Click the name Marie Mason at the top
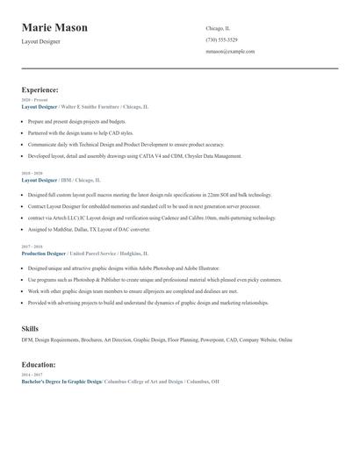click(54, 28)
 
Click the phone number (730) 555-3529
click(221, 39)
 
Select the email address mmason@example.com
click(230, 52)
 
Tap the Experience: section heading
click(40, 89)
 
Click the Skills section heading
click(30, 328)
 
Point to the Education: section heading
click(39, 364)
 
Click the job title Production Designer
click(44, 253)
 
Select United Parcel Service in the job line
click(98, 253)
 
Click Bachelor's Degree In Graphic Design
click(61, 383)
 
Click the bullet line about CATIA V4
click(134, 156)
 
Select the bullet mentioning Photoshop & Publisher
click(155, 280)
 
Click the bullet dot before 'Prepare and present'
click(23, 121)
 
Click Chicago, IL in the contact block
click(218, 28)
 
